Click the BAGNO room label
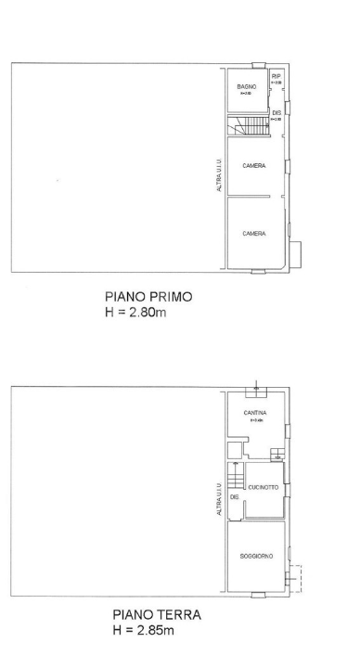click(x=246, y=86)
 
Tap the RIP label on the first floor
click(x=276, y=76)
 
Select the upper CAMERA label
click(x=254, y=166)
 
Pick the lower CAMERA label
click(x=254, y=234)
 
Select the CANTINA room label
click(x=255, y=413)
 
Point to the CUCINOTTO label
click(x=263, y=485)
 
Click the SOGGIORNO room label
click(x=256, y=556)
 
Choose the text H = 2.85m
click(x=144, y=630)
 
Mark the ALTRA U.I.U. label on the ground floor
click(x=219, y=500)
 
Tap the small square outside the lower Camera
click(x=296, y=251)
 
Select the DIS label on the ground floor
click(x=235, y=496)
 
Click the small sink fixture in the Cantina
click(x=276, y=454)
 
